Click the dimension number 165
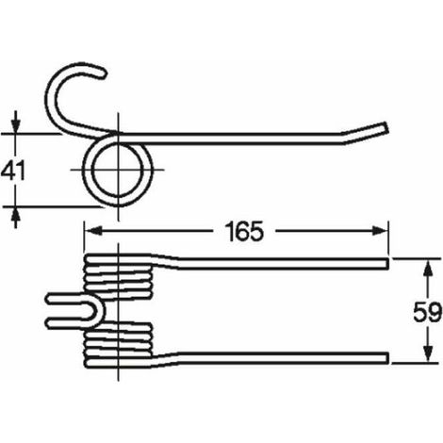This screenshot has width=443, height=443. click(244, 232)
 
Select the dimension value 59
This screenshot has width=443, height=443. click(427, 313)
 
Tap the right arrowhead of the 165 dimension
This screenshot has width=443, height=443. click(380, 231)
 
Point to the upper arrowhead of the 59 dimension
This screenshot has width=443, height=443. click(427, 268)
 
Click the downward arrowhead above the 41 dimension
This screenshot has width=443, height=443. click(16, 125)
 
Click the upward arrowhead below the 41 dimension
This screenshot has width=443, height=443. click(16, 216)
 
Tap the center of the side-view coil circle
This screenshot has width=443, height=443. click(118, 170)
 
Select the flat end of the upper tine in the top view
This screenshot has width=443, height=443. click(387, 264)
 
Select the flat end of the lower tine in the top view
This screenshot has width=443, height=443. click(387, 357)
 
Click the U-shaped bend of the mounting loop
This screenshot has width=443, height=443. click(99, 311)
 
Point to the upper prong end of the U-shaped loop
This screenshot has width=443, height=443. click(49, 299)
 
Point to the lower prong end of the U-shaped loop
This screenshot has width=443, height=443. click(49, 322)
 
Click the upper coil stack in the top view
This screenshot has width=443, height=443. click(118, 276)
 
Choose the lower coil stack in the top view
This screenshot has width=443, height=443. click(118, 345)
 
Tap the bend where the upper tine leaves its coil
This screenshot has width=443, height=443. click(167, 262)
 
